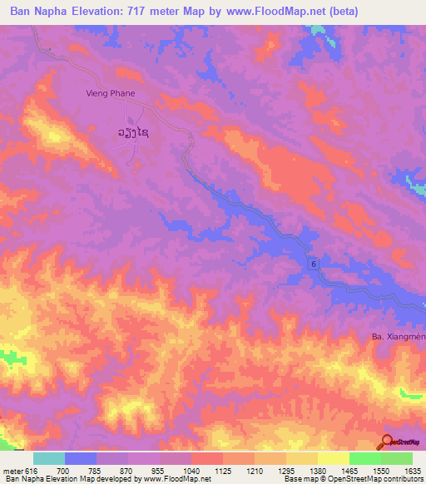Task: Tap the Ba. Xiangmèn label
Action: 398,337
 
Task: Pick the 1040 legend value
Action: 191,471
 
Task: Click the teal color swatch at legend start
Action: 48,458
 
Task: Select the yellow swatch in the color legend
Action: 333,458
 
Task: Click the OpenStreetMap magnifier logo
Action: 387,442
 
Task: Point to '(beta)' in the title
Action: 357,12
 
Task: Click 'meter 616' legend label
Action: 19,471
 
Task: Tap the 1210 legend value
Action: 254,471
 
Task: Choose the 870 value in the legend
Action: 127,471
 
